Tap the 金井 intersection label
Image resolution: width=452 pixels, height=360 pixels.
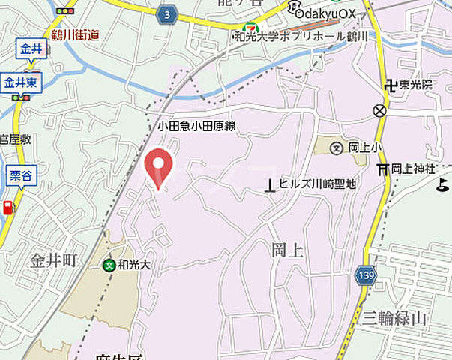[x=31, y=50]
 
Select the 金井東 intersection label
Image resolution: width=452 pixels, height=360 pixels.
[x=21, y=82]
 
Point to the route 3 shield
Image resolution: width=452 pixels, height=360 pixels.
[x=168, y=14]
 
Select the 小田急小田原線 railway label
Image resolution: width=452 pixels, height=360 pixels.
[x=196, y=127]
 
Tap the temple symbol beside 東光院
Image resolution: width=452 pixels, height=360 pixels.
[x=390, y=85]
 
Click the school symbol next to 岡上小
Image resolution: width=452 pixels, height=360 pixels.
[x=336, y=148]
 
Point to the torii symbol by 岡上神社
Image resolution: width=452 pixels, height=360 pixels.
[x=383, y=169]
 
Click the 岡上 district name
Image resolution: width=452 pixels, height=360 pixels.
[x=286, y=250]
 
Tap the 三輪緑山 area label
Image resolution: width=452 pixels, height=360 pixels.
[x=394, y=317]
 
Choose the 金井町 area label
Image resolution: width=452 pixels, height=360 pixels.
[x=54, y=260]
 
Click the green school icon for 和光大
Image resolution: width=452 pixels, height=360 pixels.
[x=110, y=264]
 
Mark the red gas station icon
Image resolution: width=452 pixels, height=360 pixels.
[x=8, y=208]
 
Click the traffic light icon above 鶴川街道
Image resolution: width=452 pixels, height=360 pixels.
[x=66, y=12]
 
